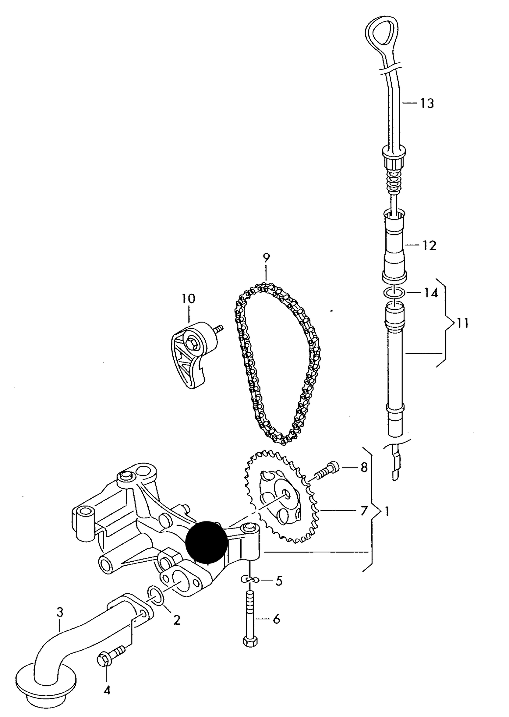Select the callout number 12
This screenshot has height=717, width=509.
click(x=429, y=245)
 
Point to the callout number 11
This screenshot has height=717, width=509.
click(x=463, y=323)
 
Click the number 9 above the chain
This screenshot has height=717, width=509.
click(x=266, y=258)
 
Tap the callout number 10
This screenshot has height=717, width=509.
click(x=188, y=299)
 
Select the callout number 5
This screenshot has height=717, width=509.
click(x=279, y=581)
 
